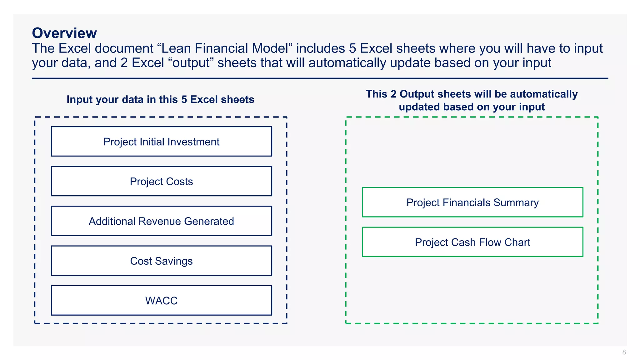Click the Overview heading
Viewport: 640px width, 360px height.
point(64,33)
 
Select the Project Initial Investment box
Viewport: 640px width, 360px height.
point(161,142)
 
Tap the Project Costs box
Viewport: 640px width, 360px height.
point(161,181)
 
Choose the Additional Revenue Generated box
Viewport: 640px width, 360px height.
point(161,221)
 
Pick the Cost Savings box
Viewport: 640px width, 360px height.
point(161,261)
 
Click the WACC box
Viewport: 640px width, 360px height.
point(161,300)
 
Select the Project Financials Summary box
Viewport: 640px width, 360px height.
point(472,202)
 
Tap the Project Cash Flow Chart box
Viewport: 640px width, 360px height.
point(472,242)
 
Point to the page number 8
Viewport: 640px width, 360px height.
point(624,352)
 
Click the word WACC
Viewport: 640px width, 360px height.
point(161,301)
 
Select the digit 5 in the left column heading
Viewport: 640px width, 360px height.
point(184,99)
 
